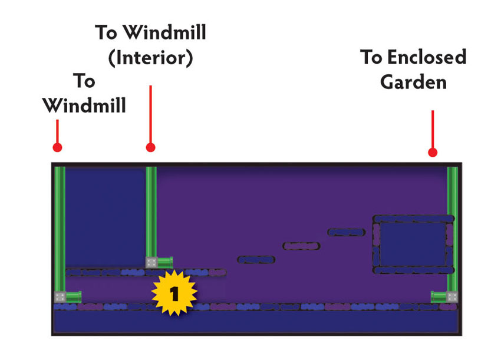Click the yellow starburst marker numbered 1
[x=174, y=293]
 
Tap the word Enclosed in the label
[x=427, y=57]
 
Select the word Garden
[x=413, y=82]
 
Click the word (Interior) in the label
[x=150, y=58]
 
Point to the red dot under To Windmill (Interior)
[x=150, y=147]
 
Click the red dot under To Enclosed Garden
[x=433, y=153]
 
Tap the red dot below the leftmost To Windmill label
[x=58, y=147]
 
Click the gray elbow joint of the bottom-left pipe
[x=60, y=297]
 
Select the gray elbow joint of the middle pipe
[x=151, y=263]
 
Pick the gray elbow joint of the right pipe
[x=452, y=297]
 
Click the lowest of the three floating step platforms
[x=256, y=260]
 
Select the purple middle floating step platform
[x=301, y=246]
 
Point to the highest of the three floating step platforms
[x=347, y=232]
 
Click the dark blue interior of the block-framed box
[x=413, y=244]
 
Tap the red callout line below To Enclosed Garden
[x=433, y=129]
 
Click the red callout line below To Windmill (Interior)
[x=150, y=114]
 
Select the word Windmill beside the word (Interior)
[x=165, y=32]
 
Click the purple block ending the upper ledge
[x=217, y=273]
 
